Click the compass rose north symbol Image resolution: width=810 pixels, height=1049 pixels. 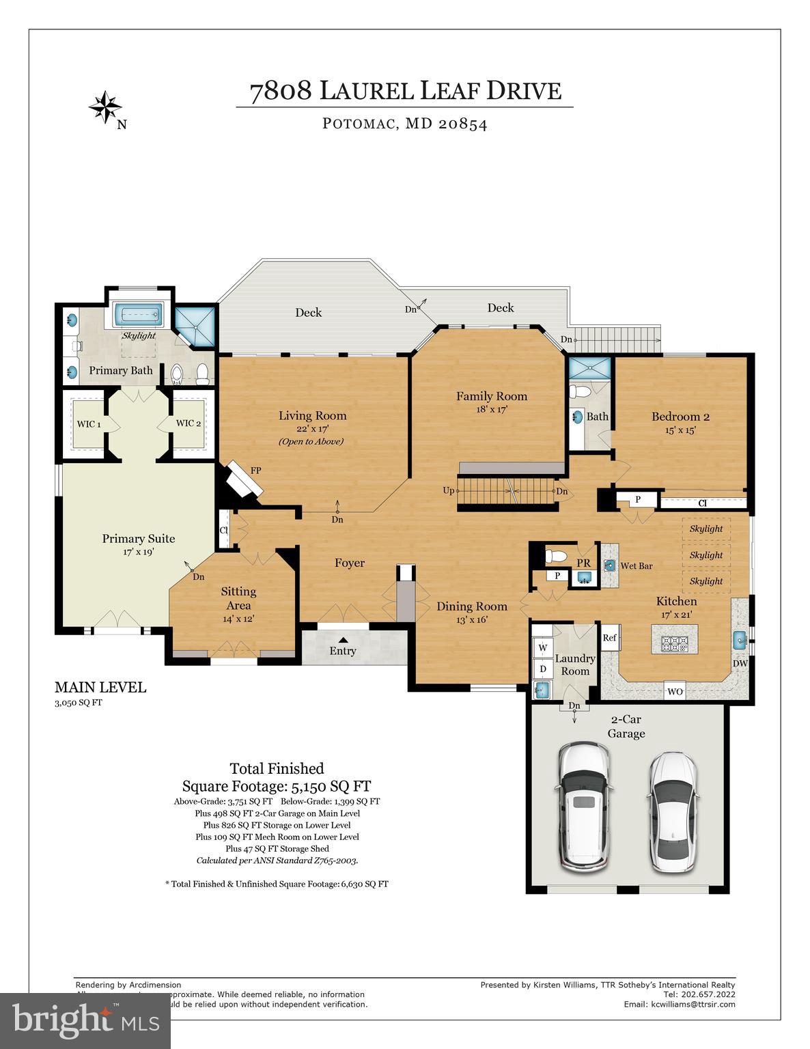[105, 107]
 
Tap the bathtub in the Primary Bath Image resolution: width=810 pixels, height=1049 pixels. [138, 316]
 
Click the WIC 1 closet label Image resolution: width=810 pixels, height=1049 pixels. [89, 424]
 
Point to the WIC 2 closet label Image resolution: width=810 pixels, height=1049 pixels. [188, 423]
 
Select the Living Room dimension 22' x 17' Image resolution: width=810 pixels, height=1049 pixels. [313, 429]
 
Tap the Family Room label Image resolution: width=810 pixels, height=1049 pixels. [492, 396]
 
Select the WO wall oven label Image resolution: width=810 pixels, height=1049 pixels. [675, 692]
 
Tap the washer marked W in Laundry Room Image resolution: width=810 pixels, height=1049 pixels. [544, 647]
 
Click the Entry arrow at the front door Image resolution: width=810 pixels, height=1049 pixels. [343, 639]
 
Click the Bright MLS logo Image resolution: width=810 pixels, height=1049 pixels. [85, 1020]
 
